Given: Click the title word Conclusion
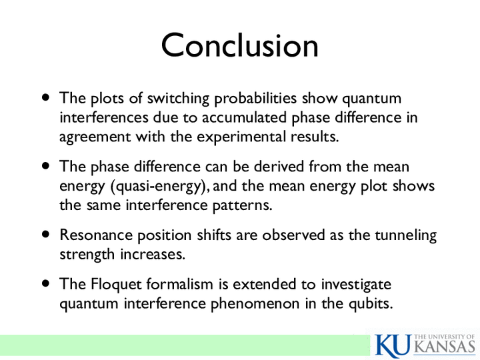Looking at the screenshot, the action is coord(240,45).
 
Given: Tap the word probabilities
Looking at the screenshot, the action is coord(255,99).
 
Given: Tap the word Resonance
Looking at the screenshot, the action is coord(96,235).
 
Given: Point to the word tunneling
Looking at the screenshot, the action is coord(405,236).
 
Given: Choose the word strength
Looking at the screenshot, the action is coord(87,255).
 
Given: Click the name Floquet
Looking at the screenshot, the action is coord(116,285).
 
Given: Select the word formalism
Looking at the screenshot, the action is coord(179,284).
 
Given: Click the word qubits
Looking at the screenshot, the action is coord(371,304).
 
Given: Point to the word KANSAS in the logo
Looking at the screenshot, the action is coord(445,347).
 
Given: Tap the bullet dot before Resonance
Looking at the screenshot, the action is coord(46,235).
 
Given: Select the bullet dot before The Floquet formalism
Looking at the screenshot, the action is coord(46,283).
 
